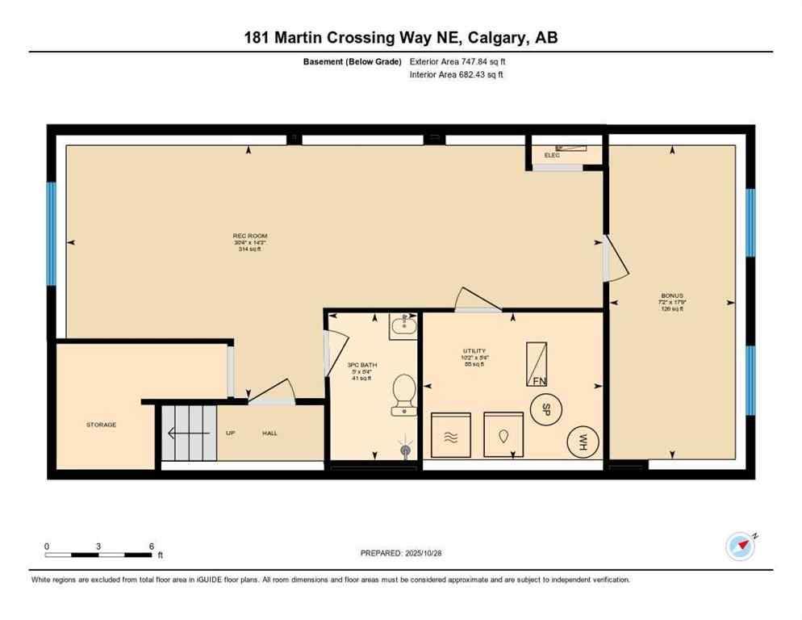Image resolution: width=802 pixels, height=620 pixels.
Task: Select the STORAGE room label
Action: tap(102, 425)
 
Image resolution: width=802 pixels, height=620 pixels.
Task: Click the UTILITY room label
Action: tap(474, 350)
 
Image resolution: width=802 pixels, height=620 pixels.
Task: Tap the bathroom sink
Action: tap(401, 327)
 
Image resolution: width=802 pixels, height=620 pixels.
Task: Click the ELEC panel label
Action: tap(552, 155)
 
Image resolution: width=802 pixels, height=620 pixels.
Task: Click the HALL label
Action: tap(269, 434)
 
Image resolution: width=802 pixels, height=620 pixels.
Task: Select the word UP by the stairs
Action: tap(231, 434)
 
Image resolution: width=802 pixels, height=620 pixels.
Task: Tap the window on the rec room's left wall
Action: tap(51, 234)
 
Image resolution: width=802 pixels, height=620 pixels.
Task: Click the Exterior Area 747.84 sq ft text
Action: tap(457, 61)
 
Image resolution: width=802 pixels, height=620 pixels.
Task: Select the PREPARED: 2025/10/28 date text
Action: tap(401, 553)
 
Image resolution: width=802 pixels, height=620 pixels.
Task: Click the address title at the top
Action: tap(401, 37)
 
